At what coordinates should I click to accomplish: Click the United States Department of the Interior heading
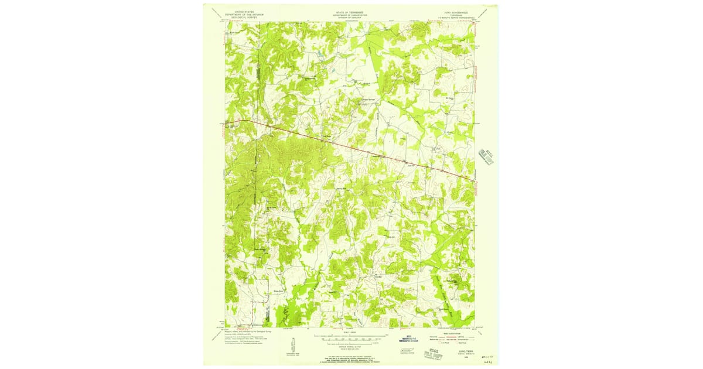tap(240, 14)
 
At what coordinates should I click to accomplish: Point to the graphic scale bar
tap(350, 338)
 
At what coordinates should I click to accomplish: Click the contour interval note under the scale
tap(350, 346)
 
